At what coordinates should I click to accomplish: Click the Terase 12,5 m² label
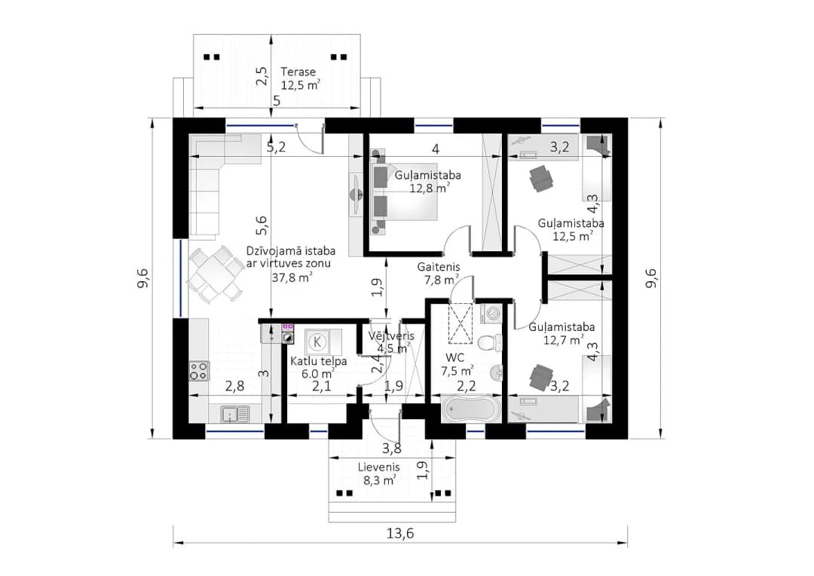[x=300, y=78]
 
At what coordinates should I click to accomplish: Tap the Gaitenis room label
[x=439, y=273]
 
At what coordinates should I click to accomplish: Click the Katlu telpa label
[x=318, y=366]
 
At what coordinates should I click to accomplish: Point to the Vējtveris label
[x=390, y=342]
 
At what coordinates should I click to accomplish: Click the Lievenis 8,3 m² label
[x=378, y=473]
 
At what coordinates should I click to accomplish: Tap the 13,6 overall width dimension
[x=400, y=534]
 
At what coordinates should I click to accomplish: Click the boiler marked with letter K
[x=317, y=342]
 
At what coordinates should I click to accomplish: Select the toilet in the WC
[x=489, y=342]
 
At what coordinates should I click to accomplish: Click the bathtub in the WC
[x=470, y=410]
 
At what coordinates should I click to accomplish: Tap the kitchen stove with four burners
[x=199, y=370]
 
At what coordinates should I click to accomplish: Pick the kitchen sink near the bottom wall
[x=236, y=414]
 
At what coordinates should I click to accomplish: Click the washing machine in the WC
[x=491, y=314]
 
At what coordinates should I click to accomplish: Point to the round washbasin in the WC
[x=496, y=372]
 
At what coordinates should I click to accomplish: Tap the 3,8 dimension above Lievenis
[x=391, y=449]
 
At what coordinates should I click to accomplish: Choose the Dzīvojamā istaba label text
[x=291, y=250]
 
